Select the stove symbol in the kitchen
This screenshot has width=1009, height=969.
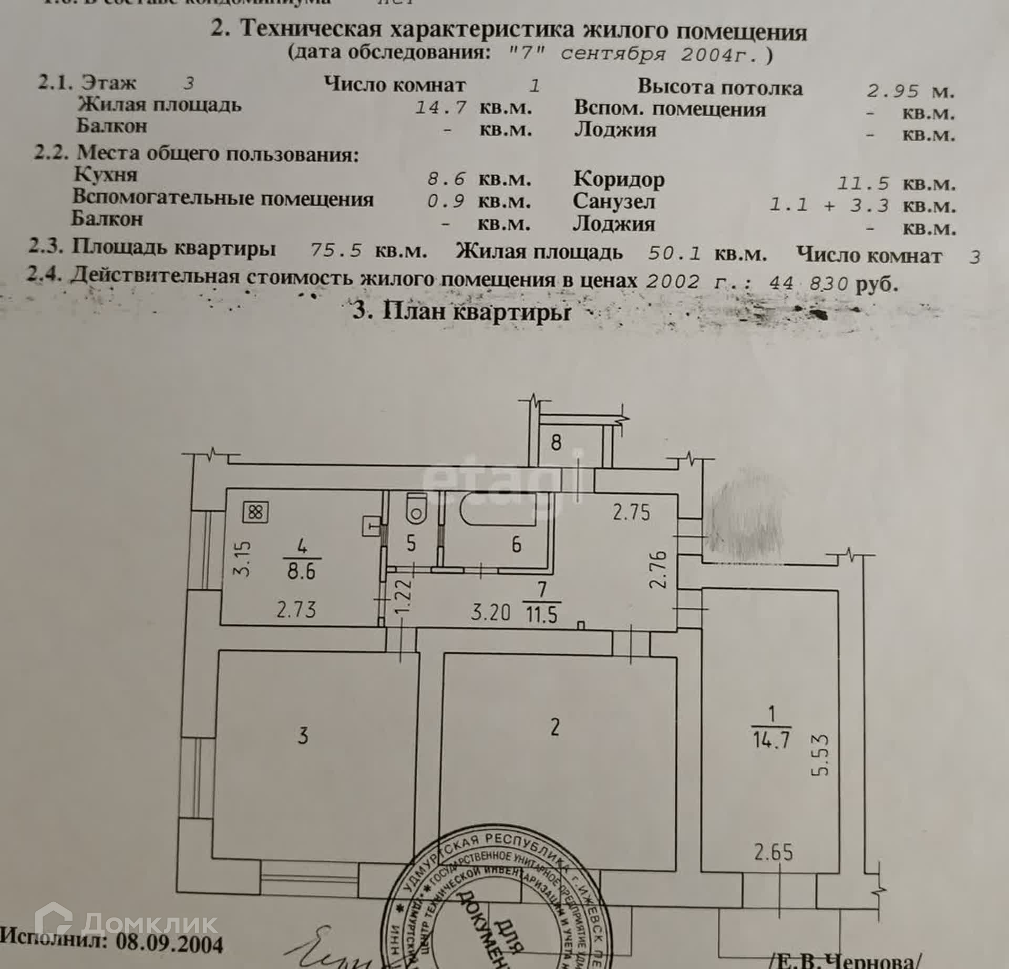coord(255,512)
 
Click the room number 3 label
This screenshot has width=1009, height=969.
coord(303,736)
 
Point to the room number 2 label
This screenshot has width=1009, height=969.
coord(555,727)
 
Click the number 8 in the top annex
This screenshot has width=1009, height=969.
coord(556,442)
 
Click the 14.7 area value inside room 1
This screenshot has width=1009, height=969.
coord(771,740)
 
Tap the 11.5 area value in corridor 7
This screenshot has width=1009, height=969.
coord(541,614)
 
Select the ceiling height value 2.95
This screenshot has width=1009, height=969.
coord(893,91)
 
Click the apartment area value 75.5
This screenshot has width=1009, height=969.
coord(336,250)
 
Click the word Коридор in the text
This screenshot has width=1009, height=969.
coord(619,180)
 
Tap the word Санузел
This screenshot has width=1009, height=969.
coord(613,202)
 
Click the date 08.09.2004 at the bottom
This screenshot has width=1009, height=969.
coord(170,943)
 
